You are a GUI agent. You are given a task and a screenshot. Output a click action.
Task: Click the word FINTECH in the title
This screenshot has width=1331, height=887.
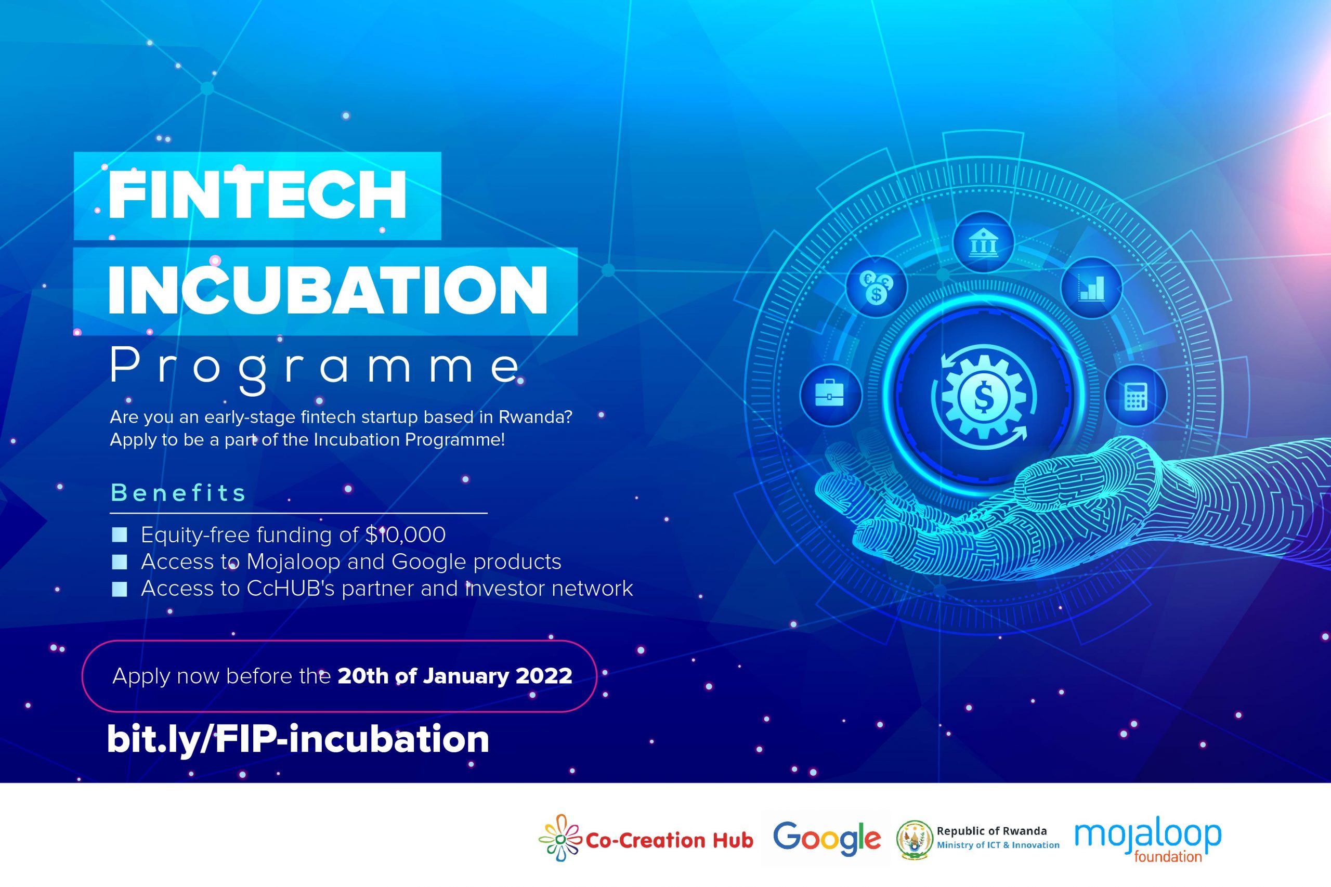tap(257, 195)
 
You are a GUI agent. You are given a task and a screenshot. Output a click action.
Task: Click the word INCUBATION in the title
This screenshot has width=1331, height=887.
tap(328, 290)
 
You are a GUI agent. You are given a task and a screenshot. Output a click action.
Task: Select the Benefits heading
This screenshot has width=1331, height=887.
tap(178, 493)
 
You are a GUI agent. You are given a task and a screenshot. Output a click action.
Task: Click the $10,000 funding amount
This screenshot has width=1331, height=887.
tap(405, 534)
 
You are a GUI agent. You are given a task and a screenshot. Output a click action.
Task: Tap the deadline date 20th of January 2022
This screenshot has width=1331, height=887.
tap(455, 676)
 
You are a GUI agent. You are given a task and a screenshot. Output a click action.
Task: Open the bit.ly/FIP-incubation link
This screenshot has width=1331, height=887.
tap(298, 739)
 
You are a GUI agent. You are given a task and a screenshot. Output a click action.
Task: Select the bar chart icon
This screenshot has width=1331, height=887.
tap(1091, 288)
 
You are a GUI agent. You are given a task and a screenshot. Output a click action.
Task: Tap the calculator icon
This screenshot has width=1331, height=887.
tap(1136, 396)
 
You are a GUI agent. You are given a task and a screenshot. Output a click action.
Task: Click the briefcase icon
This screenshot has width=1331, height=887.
tap(830, 395)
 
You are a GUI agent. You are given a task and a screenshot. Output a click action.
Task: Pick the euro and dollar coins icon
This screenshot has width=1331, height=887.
tap(877, 287)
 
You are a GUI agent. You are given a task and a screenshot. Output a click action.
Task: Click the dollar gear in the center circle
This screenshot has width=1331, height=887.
tap(984, 396)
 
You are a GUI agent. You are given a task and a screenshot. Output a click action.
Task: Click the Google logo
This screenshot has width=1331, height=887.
tap(827, 839)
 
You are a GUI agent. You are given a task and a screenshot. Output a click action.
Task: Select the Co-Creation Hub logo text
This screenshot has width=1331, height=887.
tap(669, 841)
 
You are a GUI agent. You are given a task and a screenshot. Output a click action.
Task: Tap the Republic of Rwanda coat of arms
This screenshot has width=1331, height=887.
tap(915, 840)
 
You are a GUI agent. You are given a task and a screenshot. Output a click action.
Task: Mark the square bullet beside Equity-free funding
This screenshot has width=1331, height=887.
tap(120, 534)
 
